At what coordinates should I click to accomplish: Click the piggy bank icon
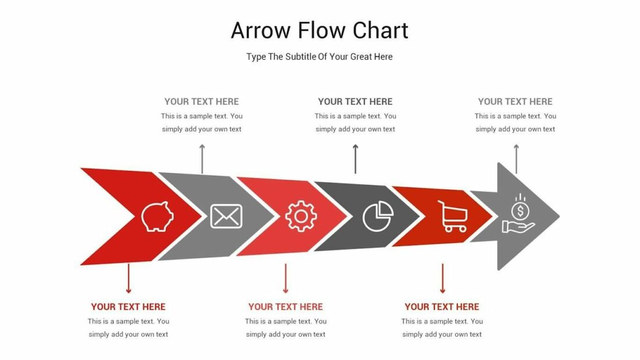pyautogui.click(x=157, y=216)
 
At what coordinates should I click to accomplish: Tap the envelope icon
pyautogui.click(x=226, y=216)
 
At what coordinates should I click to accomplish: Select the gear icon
pyautogui.click(x=301, y=216)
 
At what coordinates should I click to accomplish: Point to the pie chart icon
pyautogui.click(x=378, y=216)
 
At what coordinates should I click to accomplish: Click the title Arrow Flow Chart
pyautogui.click(x=319, y=30)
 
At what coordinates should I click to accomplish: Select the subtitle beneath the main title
pyautogui.click(x=319, y=56)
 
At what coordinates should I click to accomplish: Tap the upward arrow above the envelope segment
pyautogui.click(x=202, y=158)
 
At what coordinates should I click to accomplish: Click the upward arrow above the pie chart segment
pyautogui.click(x=355, y=158)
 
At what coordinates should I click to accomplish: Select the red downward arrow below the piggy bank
pyautogui.click(x=129, y=279)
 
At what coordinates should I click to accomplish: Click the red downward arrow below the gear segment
pyautogui.click(x=286, y=279)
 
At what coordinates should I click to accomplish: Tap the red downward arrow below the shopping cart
pyautogui.click(x=442, y=279)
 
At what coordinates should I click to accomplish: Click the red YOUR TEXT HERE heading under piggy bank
pyautogui.click(x=128, y=306)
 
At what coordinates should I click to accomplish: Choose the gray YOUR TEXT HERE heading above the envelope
pyautogui.click(x=201, y=101)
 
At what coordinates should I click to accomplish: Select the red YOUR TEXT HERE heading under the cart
pyautogui.click(x=442, y=306)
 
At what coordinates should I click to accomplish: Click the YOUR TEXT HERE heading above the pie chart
pyautogui.click(x=355, y=101)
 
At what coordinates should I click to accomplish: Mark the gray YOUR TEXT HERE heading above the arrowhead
pyautogui.click(x=515, y=101)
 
